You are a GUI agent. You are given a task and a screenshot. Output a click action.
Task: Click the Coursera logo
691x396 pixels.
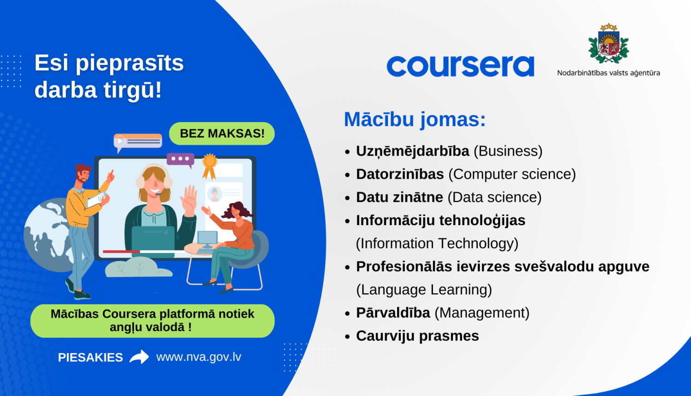click(x=460, y=66)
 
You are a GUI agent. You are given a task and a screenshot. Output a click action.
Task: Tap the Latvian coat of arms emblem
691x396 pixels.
click(x=609, y=44)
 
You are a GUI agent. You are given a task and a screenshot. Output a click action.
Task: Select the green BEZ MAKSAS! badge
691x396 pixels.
click(x=222, y=134)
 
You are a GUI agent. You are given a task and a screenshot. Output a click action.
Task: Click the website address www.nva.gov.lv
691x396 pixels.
click(x=199, y=357)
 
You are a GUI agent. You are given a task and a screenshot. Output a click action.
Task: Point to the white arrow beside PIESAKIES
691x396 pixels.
click(x=139, y=357)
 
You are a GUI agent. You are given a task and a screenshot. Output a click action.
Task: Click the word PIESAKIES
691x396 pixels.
click(x=90, y=357)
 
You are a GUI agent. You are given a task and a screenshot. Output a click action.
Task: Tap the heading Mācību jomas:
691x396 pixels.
click(x=415, y=120)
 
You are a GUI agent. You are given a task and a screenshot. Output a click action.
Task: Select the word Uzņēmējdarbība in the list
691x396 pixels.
click(x=412, y=151)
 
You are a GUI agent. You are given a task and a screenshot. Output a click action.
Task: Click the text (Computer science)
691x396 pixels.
click(x=512, y=174)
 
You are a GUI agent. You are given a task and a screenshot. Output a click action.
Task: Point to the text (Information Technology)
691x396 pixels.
click(x=437, y=243)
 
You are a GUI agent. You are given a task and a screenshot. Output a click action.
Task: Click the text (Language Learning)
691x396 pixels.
click(x=424, y=290)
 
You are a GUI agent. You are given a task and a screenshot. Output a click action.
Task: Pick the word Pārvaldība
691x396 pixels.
click(x=393, y=313)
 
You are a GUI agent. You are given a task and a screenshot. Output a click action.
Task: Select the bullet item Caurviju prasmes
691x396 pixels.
click(x=417, y=336)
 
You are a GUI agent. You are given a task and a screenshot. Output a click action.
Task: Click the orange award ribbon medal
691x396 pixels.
click(x=210, y=164)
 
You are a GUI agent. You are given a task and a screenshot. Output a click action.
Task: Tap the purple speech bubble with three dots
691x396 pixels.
click(x=180, y=159)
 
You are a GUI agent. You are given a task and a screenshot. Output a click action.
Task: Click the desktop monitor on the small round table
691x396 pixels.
click(x=207, y=238)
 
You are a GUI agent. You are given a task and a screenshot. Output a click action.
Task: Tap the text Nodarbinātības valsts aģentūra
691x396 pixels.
click(x=609, y=73)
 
